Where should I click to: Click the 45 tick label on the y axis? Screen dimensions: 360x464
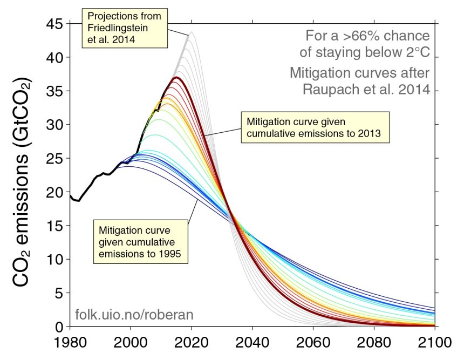54,24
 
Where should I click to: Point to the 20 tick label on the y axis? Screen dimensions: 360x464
54,192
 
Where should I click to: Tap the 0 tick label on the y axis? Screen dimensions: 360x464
59,327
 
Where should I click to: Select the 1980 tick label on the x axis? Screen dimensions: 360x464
70,343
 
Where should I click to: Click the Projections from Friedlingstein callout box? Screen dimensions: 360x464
125,28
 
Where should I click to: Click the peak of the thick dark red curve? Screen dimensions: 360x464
175,78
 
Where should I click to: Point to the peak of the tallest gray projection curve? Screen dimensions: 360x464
191,32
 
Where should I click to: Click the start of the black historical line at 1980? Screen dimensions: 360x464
70,195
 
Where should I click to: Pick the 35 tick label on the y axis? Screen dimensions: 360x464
54,91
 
